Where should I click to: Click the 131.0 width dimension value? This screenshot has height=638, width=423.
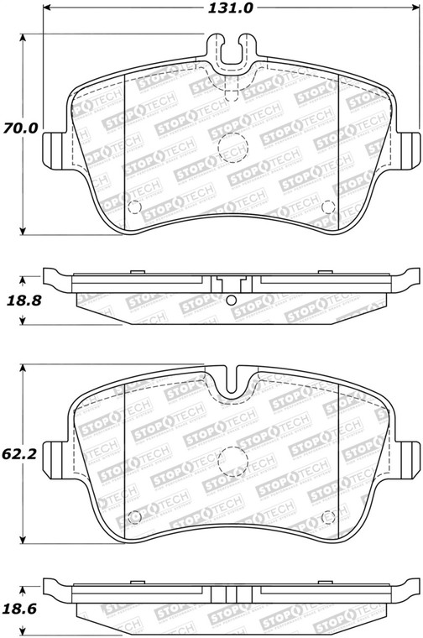click(x=231, y=8)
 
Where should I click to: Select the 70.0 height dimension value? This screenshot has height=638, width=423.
click(x=20, y=128)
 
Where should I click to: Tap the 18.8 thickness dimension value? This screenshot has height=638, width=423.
click(x=24, y=301)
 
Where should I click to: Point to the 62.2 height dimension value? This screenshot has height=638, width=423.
click(x=19, y=453)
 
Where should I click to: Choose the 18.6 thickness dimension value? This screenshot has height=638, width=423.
click(x=19, y=609)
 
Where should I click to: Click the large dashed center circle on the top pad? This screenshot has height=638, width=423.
click(x=232, y=148)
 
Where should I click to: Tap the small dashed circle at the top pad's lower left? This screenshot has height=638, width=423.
click(x=134, y=207)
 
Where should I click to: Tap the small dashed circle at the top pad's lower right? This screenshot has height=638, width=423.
click(x=328, y=207)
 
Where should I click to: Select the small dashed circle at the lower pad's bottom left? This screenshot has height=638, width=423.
click(x=134, y=517)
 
